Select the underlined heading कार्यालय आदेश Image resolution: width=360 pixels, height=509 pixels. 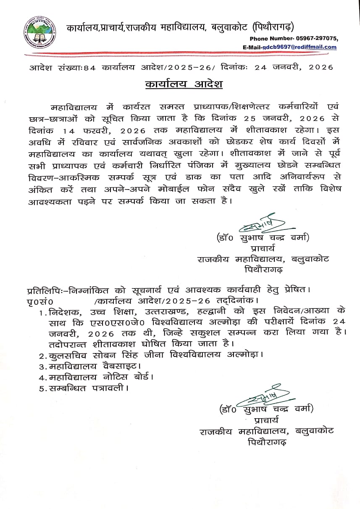(x=184, y=84)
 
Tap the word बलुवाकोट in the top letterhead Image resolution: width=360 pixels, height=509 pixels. (x=229, y=28)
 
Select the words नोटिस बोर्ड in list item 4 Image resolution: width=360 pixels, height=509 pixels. (x=131, y=377)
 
